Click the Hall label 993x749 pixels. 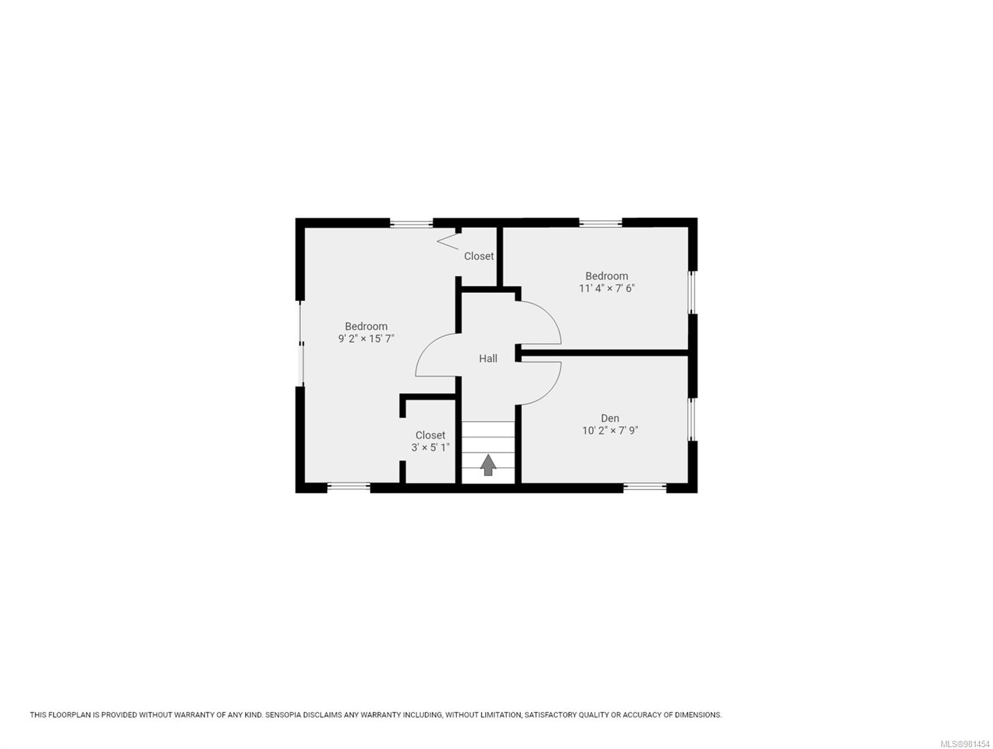tap(488, 358)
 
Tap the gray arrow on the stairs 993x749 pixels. tap(488, 465)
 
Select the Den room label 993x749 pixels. tap(610, 418)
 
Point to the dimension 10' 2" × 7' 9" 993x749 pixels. tap(610, 430)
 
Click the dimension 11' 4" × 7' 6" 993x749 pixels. tap(606, 288)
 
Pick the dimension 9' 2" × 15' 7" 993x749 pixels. tap(366, 338)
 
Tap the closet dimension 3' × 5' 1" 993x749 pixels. tap(430, 448)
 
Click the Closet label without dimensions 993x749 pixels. tap(478, 256)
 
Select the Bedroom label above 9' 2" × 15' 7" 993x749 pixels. tap(366, 326)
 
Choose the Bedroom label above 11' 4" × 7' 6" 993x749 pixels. tap(606, 276)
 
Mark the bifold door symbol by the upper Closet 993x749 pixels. tap(448, 240)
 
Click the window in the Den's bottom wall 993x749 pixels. tap(645, 487)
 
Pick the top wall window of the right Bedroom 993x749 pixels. tap(600, 222)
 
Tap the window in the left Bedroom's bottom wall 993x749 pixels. tap(348, 487)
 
